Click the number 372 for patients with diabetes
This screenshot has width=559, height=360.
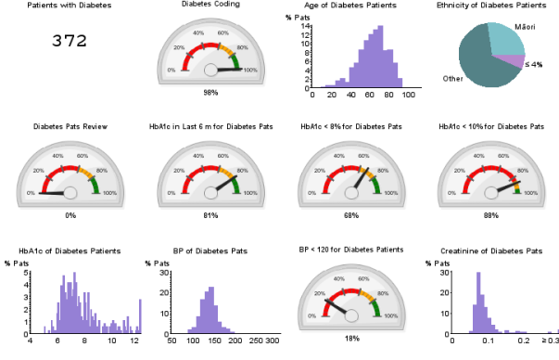pos(70,41)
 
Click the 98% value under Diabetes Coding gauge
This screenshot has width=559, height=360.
pos(210,93)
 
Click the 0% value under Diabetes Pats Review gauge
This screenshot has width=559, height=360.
pos(70,214)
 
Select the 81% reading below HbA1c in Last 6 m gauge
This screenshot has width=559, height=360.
pos(210,214)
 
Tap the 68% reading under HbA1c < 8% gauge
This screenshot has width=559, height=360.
pos(350,214)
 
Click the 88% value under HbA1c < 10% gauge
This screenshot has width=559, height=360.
pos(490,214)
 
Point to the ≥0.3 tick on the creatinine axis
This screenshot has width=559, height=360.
pos(551,342)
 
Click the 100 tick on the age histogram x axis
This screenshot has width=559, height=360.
pos(411,96)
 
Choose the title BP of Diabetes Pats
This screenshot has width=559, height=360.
pos(210,251)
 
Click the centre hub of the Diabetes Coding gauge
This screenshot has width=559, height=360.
pos(210,69)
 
